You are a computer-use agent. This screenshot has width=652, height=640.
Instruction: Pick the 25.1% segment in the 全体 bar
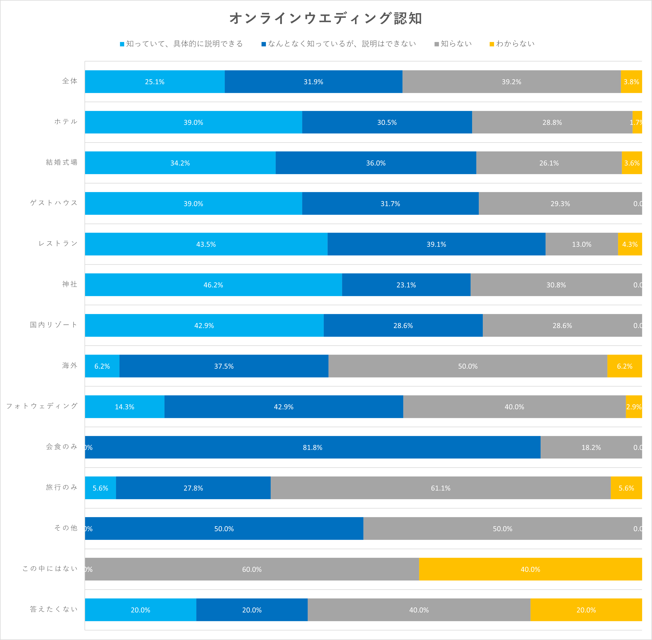155,82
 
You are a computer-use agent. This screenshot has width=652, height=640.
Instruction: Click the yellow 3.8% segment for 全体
631,82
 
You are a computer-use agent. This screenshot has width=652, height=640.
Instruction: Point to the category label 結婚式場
62,162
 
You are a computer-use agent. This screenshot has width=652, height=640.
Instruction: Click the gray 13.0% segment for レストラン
581,244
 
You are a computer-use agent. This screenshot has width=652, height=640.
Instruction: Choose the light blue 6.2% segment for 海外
102,366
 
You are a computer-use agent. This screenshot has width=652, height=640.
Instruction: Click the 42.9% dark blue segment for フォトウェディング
283,407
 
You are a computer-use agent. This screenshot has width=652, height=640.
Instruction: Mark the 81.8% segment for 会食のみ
312,447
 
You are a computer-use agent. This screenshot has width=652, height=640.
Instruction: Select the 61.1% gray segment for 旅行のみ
440,488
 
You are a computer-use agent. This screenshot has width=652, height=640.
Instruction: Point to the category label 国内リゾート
54,325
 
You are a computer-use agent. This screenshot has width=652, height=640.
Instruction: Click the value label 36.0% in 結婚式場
376,163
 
